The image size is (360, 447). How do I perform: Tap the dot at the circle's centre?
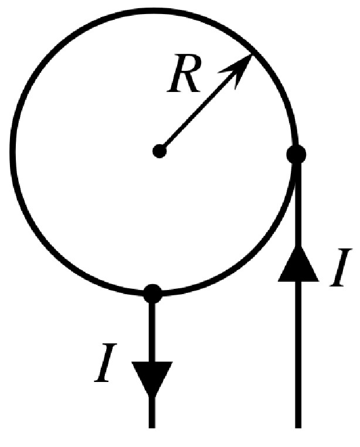pos(159,151)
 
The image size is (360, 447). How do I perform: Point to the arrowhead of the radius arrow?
pos(242,66)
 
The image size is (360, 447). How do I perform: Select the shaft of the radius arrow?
pos(199,110)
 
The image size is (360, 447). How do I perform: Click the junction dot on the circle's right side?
pos(297,155)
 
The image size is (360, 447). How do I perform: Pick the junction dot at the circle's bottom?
pos(152,292)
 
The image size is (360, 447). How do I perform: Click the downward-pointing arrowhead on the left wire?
pos(152,378)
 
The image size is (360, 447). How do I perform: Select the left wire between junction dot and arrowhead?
pos(152,331)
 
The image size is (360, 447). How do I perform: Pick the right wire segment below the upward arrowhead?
pos(298,352)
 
